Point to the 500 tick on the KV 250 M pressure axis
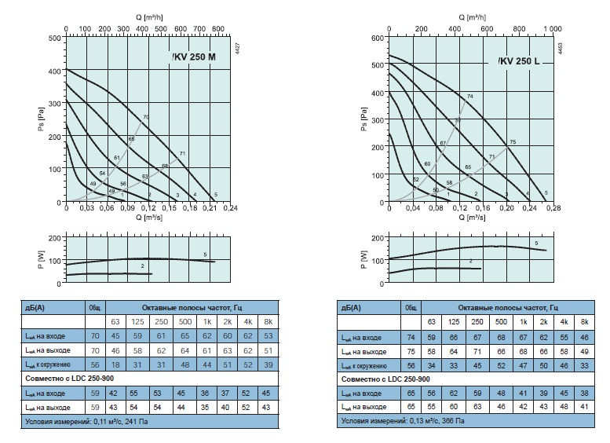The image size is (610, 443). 55,37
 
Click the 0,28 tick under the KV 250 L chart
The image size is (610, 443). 554,208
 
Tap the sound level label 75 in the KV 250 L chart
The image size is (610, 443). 513,142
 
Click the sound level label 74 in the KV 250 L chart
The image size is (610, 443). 470,97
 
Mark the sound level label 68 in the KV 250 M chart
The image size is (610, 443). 166,166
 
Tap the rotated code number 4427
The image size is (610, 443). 237,46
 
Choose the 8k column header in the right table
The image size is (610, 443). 583,322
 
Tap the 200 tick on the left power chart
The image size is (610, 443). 54,237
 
